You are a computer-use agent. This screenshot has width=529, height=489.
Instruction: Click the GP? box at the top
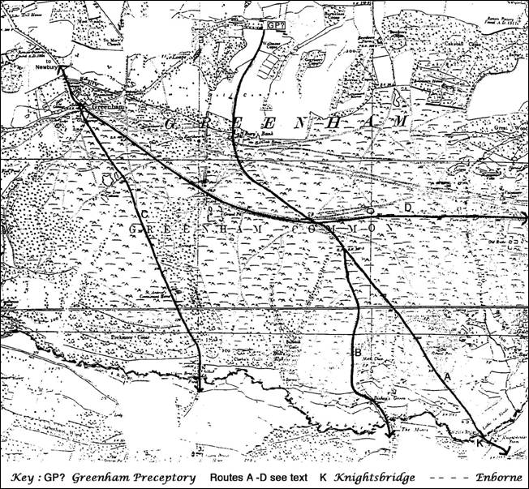coord(272,25)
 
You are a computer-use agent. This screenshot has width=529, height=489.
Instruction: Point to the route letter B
coord(357,353)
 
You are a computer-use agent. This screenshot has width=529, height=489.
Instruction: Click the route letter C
coord(144,213)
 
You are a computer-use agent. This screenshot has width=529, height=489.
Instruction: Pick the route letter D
coord(408,209)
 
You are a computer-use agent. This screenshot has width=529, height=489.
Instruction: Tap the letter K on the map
coord(480,443)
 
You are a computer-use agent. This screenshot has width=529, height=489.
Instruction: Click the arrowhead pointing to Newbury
coord(60,71)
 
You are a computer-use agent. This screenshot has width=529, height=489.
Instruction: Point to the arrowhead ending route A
coord(505,451)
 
